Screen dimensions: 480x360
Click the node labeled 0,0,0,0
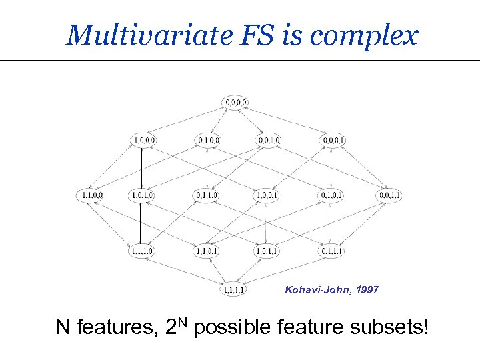pyautogui.click(x=235, y=103)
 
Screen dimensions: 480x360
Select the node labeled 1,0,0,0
pyautogui.click(x=145, y=140)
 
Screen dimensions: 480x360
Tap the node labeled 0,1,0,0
pyautogui.click(x=207, y=140)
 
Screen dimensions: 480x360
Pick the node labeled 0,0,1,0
pyautogui.click(x=269, y=140)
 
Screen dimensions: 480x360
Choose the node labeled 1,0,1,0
pyautogui.click(x=145, y=195)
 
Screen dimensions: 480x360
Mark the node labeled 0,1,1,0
pyautogui.click(x=207, y=195)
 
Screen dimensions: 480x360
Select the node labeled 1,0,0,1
pyautogui.click(x=269, y=195)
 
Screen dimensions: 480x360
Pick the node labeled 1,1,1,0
pyautogui.click(x=145, y=251)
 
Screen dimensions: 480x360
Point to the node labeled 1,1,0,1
pyautogui.click(x=207, y=251)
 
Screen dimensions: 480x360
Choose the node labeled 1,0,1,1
pyautogui.click(x=269, y=251)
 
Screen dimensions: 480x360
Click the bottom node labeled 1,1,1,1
pyautogui.click(x=235, y=289)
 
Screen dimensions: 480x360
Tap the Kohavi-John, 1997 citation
pyautogui.click(x=331, y=290)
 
